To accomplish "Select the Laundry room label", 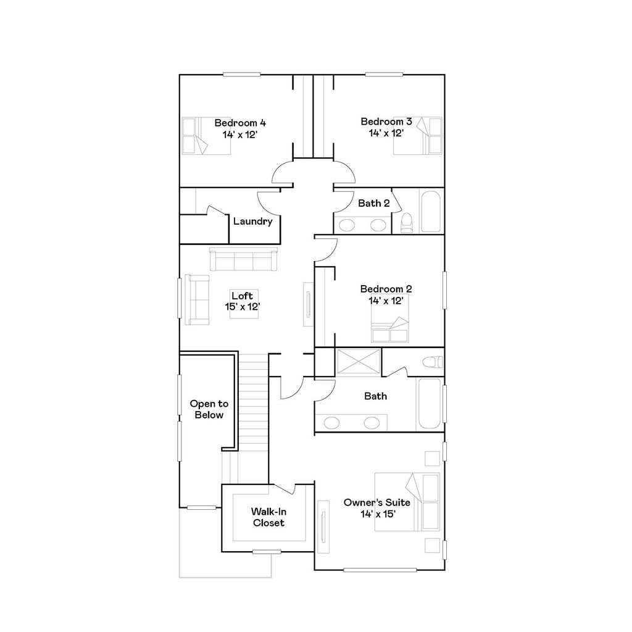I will pyautogui.click(x=253, y=222).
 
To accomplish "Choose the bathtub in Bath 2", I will pyautogui.click(x=431, y=211).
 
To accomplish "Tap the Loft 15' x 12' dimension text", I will pyautogui.click(x=242, y=306).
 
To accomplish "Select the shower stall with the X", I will pyautogui.click(x=359, y=361).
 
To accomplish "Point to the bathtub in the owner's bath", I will pyautogui.click(x=430, y=404).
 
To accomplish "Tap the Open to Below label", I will pyautogui.click(x=209, y=409).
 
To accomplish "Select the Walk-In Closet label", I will pyautogui.click(x=268, y=517).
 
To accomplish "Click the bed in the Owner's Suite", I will pyautogui.click(x=407, y=502).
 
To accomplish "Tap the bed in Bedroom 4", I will pyautogui.click(x=195, y=136).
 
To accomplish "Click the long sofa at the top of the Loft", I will pyautogui.click(x=243, y=259).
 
